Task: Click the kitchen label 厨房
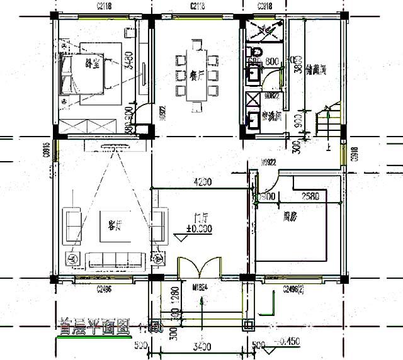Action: (x=290, y=217)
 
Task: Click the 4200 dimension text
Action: (x=202, y=183)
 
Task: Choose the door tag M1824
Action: (x=200, y=288)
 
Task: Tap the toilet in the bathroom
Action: (x=256, y=50)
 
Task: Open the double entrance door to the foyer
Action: (x=200, y=267)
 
